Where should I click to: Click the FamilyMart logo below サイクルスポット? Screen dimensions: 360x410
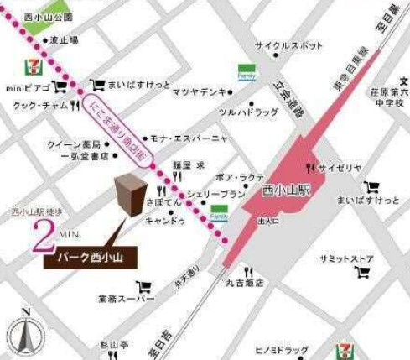coord(247,71)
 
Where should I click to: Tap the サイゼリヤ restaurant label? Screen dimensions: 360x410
coord(340,168)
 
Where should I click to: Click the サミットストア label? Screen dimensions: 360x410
coord(345,258)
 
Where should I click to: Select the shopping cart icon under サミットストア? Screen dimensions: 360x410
coord(362,273)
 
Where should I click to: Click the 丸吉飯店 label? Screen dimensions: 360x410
coord(245,284)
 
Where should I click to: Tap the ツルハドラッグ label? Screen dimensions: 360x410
coord(247,112)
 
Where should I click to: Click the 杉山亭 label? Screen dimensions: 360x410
coord(114,344)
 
